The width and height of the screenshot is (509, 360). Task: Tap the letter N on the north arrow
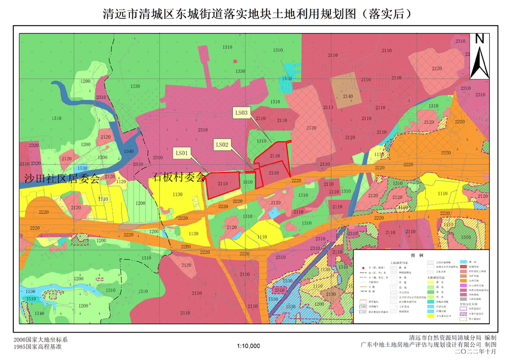[479, 40]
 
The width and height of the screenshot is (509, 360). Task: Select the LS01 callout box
[182, 153]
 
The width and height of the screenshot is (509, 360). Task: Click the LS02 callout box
[222, 144]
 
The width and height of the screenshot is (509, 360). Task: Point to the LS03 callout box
[241, 111]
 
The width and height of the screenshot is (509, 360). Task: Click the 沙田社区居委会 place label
[62, 178]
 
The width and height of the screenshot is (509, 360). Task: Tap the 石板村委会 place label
[178, 177]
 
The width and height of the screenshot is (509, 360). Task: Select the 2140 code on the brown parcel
[348, 96]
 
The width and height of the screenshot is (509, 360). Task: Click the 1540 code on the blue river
[129, 152]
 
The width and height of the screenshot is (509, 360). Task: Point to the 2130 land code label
[331, 294]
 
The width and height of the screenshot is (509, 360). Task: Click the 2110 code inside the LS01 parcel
[222, 184]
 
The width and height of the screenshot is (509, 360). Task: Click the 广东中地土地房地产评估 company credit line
[422, 345]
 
